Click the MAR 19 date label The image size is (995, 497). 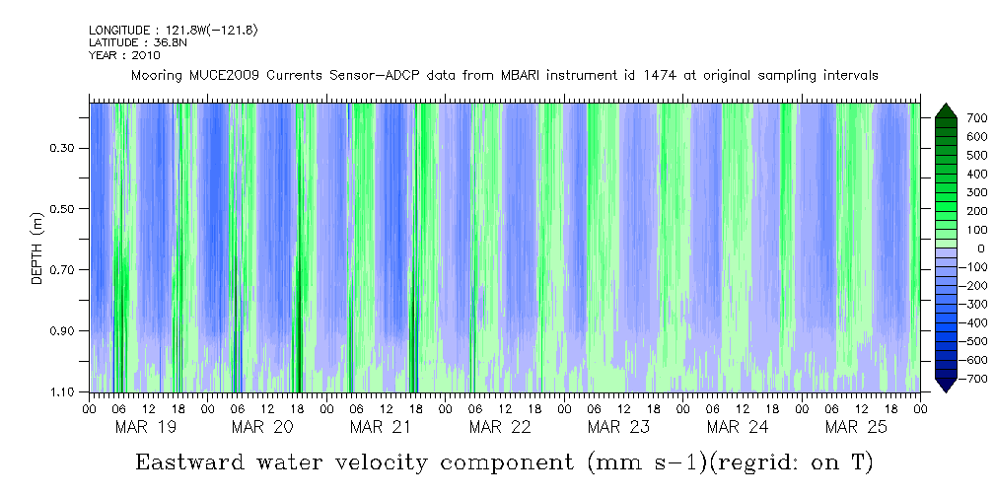click(x=145, y=427)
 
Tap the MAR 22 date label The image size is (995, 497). click(x=500, y=427)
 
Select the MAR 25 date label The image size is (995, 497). click(x=855, y=427)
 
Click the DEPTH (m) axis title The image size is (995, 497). click(x=37, y=252)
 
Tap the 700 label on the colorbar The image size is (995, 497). click(x=950, y=118)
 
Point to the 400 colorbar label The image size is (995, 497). click(x=950, y=175)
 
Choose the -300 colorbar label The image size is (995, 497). click(x=947, y=305)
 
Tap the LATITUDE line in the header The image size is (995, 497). click(x=131, y=42)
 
